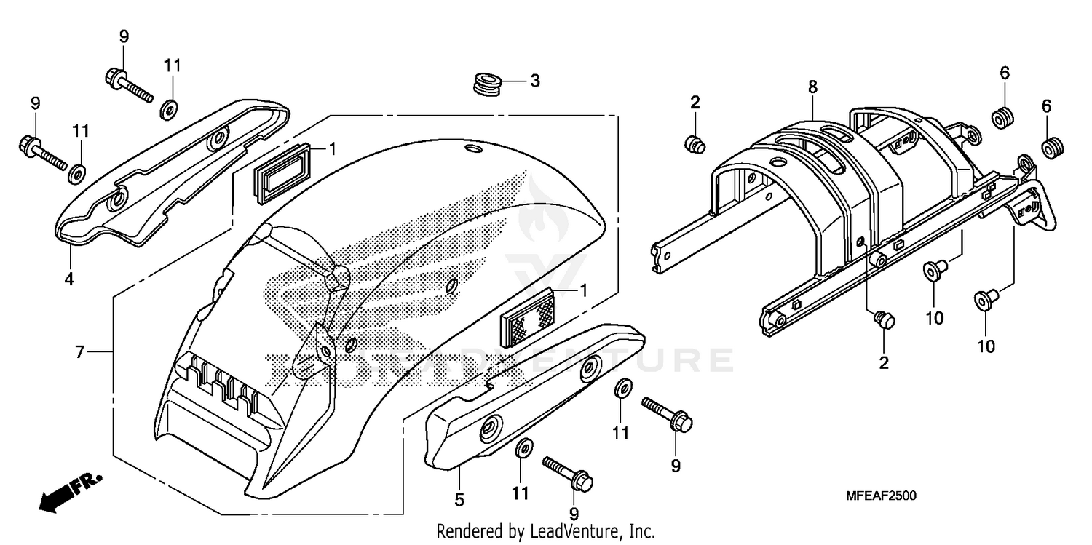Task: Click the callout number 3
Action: pyautogui.click(x=534, y=81)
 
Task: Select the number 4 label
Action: pyautogui.click(x=69, y=278)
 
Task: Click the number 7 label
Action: pyautogui.click(x=81, y=353)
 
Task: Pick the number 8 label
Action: pyautogui.click(x=812, y=87)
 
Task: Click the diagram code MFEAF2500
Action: pyautogui.click(x=881, y=496)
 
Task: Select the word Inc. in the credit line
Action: pyautogui.click(x=641, y=531)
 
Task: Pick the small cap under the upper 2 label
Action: pyautogui.click(x=695, y=143)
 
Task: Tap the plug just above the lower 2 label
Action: pyautogui.click(x=884, y=319)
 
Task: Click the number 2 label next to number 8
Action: pyautogui.click(x=695, y=103)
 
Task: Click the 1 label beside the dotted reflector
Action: pyautogui.click(x=583, y=290)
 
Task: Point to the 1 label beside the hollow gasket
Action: pyautogui.click(x=332, y=149)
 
